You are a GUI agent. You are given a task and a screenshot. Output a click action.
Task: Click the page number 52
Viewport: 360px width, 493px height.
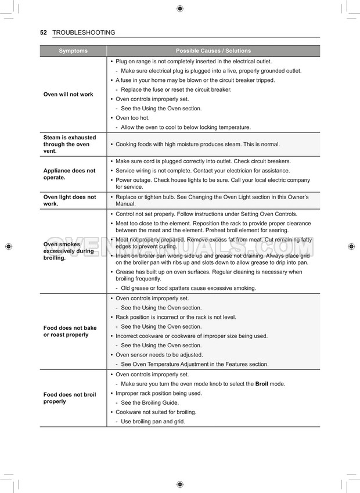pyautogui.click(x=44, y=33)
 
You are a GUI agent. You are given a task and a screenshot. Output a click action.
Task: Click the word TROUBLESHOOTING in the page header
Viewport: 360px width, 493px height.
pyautogui.click(x=84, y=33)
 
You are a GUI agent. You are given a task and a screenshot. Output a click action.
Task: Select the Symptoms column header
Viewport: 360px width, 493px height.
pyautogui.click(x=73, y=51)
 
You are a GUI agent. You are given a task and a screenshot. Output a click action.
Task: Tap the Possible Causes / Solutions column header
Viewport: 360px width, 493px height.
pyautogui.click(x=213, y=51)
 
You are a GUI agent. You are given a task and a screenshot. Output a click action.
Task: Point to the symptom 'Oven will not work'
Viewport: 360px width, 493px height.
pyautogui.click(x=68, y=94)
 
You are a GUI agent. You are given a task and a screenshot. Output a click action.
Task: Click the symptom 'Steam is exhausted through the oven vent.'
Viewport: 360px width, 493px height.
pyautogui.click(x=69, y=144)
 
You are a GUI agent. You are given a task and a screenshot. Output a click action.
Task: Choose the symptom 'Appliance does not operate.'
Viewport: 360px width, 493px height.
pyautogui.click(x=69, y=174)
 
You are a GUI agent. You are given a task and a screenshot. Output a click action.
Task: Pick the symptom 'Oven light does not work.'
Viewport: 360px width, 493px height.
pyautogui.click(x=69, y=200)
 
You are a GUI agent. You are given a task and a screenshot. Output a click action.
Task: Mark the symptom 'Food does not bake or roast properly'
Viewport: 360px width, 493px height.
pyautogui.click(x=70, y=331)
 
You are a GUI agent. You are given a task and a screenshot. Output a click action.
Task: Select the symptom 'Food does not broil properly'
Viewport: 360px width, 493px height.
pyautogui.click(x=70, y=398)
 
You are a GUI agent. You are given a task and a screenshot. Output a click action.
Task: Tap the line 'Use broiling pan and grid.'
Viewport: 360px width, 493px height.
pyautogui.click(x=153, y=422)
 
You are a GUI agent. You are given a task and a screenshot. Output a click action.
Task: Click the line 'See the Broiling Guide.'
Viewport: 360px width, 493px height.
pyautogui.click(x=149, y=402)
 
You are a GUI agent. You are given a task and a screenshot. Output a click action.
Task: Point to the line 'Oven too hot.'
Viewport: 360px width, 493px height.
pyautogui.click(x=132, y=118)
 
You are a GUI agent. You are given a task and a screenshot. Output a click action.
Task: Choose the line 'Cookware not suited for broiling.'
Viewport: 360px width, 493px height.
pyautogui.click(x=156, y=412)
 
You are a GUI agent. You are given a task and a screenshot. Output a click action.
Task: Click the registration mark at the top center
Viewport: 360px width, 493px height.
pyautogui.click(x=179, y=8)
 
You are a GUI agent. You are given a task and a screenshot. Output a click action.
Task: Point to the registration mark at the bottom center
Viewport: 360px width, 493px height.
pyautogui.click(x=179, y=484)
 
